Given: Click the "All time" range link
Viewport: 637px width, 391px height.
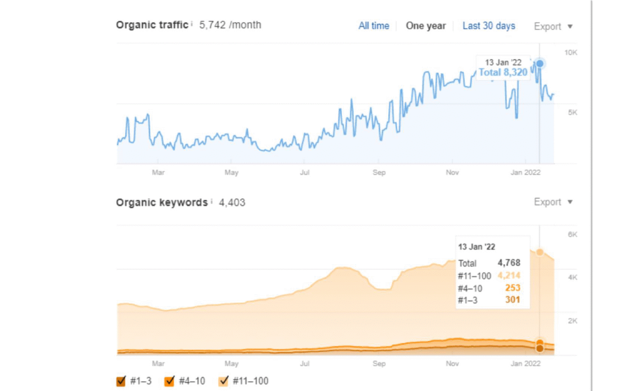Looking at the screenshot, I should point(374,26).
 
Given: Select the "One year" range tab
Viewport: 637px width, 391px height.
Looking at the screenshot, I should point(426,26).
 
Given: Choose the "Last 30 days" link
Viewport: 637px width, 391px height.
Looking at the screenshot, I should point(488,26).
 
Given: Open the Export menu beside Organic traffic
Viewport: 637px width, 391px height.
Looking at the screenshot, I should point(553,26).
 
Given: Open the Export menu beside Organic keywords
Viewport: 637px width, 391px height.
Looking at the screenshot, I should point(553,202).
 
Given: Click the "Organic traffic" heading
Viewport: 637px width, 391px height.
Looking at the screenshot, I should point(152,25).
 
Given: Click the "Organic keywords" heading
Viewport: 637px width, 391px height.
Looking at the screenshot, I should point(161,202).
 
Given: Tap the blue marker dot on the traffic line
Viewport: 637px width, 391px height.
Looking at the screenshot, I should point(539,64).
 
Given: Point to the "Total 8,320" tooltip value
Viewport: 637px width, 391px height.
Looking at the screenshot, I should point(503,72).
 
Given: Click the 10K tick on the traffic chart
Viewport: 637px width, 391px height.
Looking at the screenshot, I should point(571,53).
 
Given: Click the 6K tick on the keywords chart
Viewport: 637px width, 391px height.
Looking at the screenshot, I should point(572,235).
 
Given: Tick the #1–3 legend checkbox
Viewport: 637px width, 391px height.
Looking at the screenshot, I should point(121,382).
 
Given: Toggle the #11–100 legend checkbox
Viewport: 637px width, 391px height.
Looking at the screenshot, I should point(224,382).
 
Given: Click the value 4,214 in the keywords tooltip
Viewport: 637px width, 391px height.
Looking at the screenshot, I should point(508,275).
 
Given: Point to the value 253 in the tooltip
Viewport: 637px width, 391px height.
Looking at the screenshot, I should point(512,288).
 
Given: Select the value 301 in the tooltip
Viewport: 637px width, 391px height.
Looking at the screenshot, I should point(512,300).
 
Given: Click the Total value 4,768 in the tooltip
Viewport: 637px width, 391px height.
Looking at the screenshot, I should point(509,263).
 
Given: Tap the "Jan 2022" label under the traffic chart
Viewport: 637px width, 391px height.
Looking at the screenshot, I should point(526,173).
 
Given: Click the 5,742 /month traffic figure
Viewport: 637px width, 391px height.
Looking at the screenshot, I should point(230,25).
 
